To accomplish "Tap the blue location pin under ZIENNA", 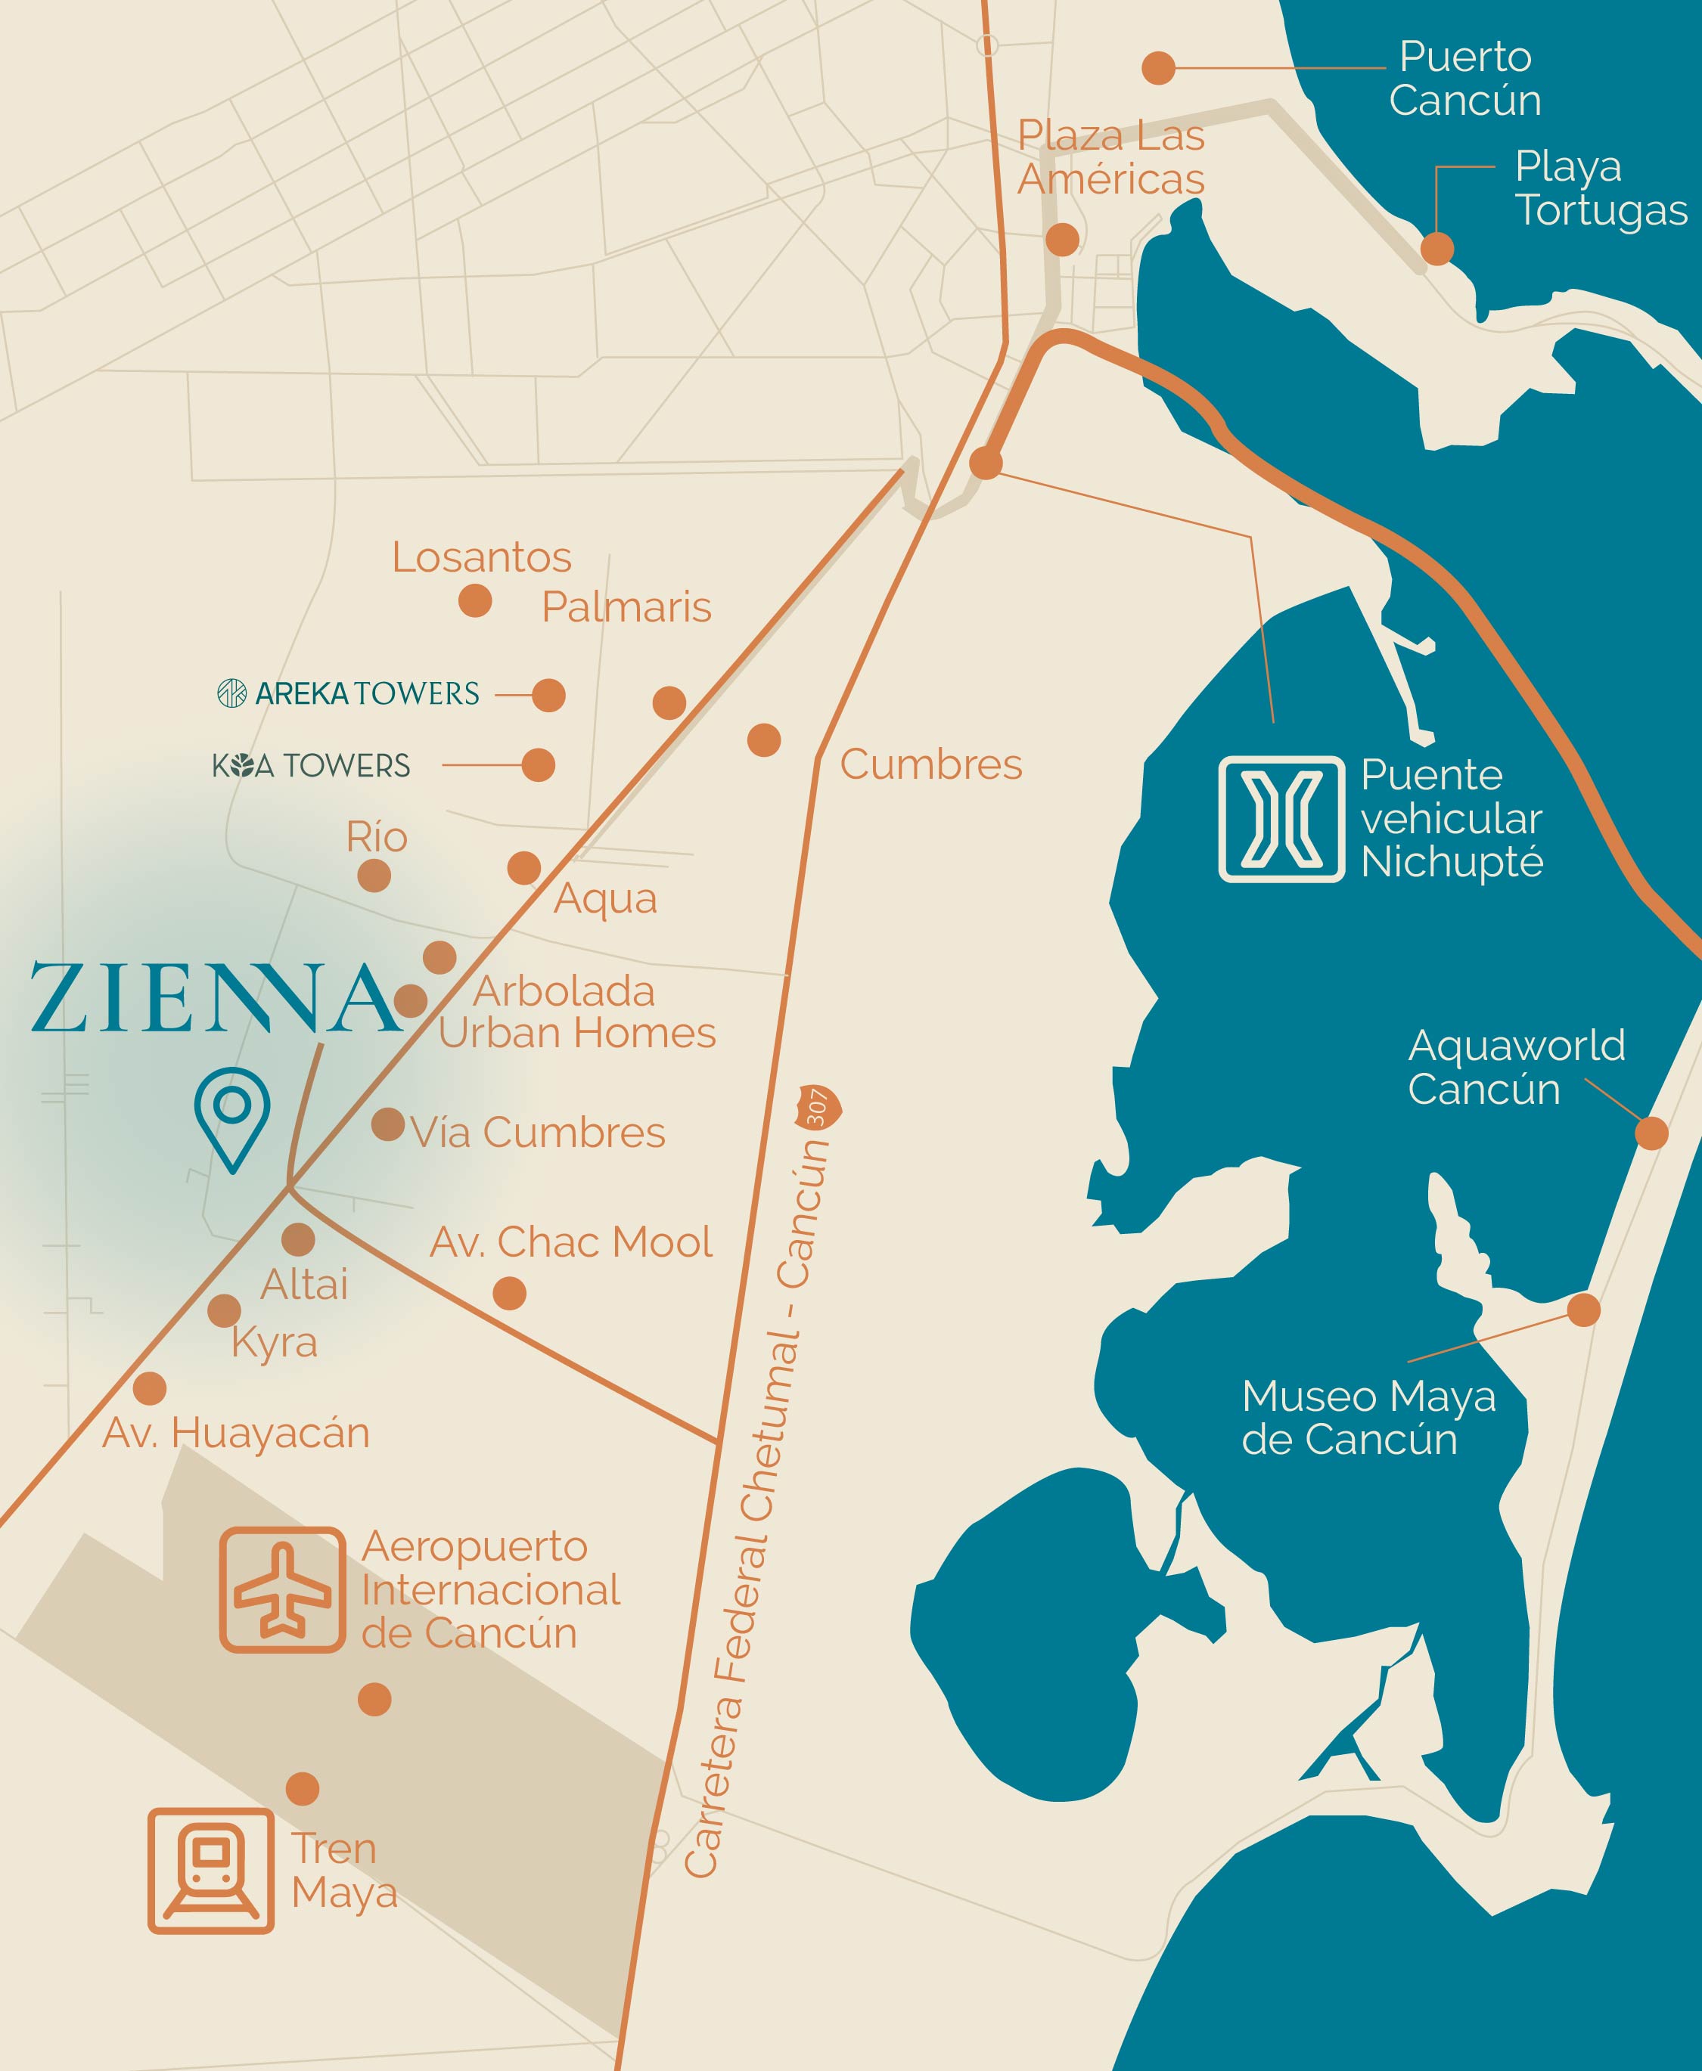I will [232, 1118].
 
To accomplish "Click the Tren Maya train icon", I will [211, 1870].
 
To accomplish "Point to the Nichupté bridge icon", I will [1281, 820].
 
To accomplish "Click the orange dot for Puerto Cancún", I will [1158, 69].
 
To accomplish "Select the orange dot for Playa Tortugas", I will [1436, 249].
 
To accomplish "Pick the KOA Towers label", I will [311, 765].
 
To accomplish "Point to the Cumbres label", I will [930, 764].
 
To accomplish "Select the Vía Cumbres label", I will [537, 1133].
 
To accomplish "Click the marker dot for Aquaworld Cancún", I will [1651, 1133].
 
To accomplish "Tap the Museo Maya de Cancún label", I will [1368, 1417].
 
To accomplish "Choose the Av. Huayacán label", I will [236, 1433].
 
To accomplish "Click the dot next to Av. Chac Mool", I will [509, 1294].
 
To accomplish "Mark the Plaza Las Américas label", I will [1110, 157].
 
